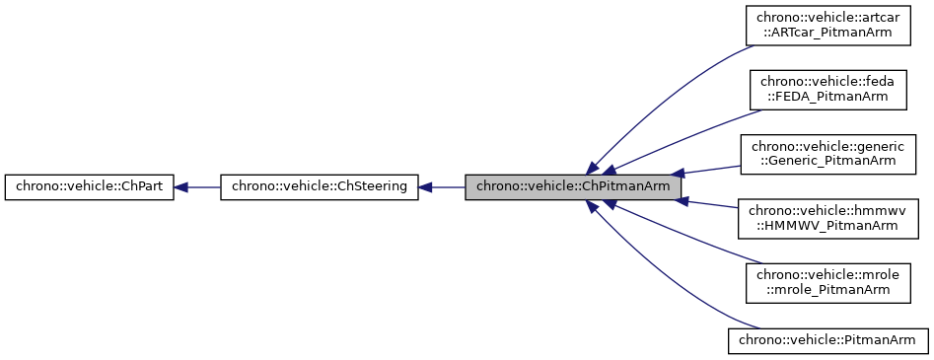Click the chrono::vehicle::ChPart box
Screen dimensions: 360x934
[x=90, y=185]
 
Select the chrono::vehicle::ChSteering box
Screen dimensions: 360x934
[x=320, y=185]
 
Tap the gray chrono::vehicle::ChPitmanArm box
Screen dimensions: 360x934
[x=573, y=185]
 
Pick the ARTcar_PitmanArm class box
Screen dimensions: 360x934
[x=829, y=25]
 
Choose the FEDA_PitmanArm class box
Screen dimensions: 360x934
[x=829, y=89]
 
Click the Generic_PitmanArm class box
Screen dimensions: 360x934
[x=829, y=154]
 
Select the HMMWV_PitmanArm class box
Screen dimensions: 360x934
[x=829, y=218]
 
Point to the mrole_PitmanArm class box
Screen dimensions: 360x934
[x=829, y=282]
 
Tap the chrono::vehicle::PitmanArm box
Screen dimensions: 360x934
[x=828, y=340]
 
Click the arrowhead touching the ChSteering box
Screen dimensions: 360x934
[x=426, y=185]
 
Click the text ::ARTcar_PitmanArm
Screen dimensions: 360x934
[x=829, y=34]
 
